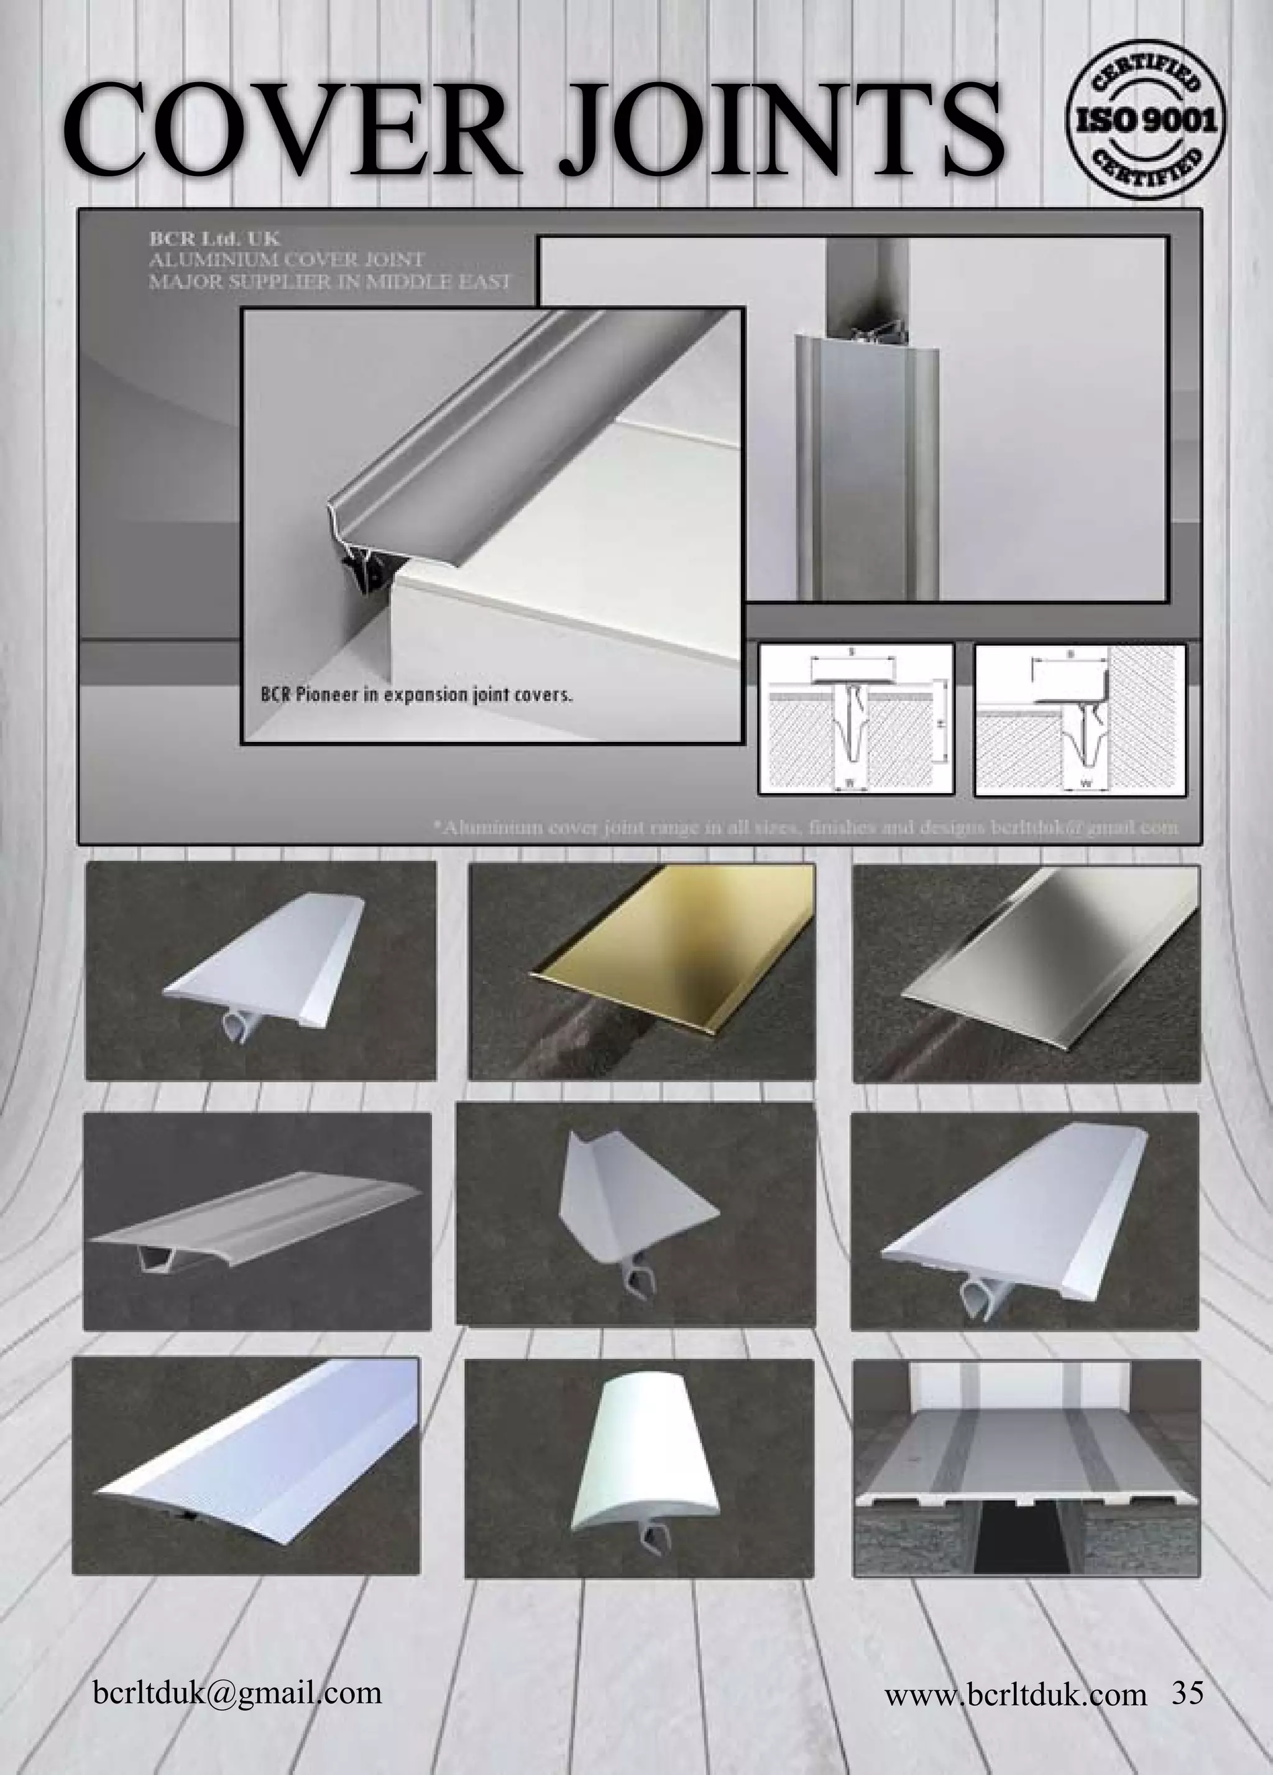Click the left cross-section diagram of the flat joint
point(856,718)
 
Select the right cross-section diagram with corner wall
point(1080,718)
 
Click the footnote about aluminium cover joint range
point(806,827)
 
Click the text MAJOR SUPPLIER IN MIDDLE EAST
point(329,282)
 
